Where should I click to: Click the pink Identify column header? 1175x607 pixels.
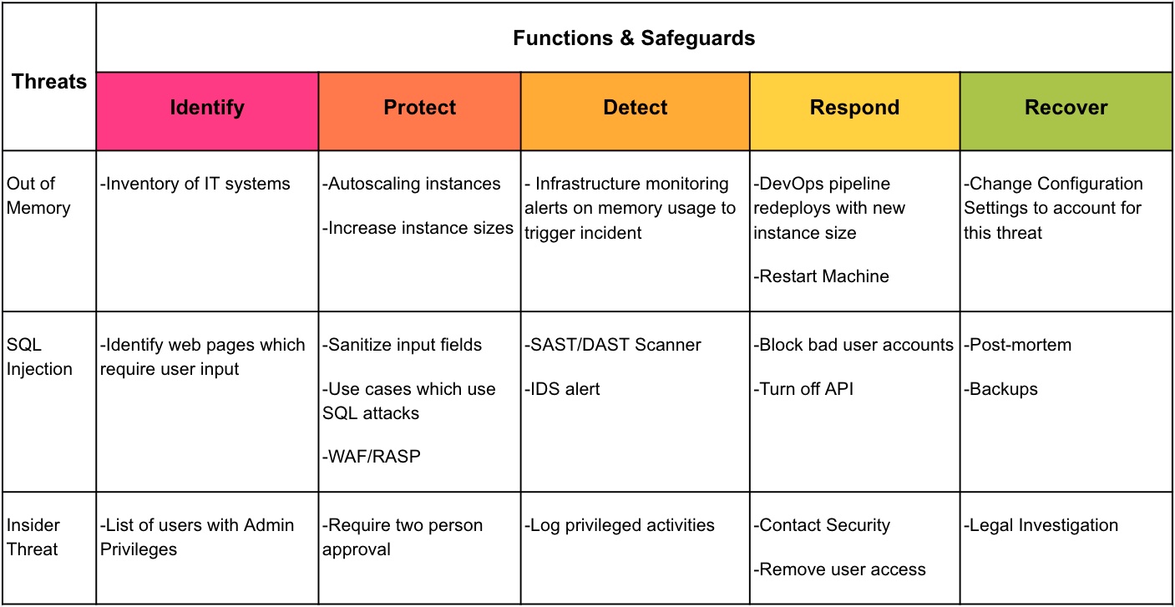coord(207,108)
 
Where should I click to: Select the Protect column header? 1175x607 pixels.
coord(419,108)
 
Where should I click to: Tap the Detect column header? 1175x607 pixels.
coord(635,108)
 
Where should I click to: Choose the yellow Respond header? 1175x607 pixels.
coord(854,108)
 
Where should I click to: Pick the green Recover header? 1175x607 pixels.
coord(1066,108)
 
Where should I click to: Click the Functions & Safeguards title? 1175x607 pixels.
coord(634,38)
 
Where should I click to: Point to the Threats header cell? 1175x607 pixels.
coord(48,81)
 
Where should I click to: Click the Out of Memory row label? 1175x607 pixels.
coord(38,195)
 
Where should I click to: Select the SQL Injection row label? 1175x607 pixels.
coord(38,357)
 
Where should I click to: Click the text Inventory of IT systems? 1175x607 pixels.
coord(195,184)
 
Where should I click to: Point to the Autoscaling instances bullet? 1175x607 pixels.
coord(412,184)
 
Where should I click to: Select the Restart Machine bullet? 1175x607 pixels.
coord(822,276)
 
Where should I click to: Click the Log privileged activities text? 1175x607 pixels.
coord(620,525)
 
